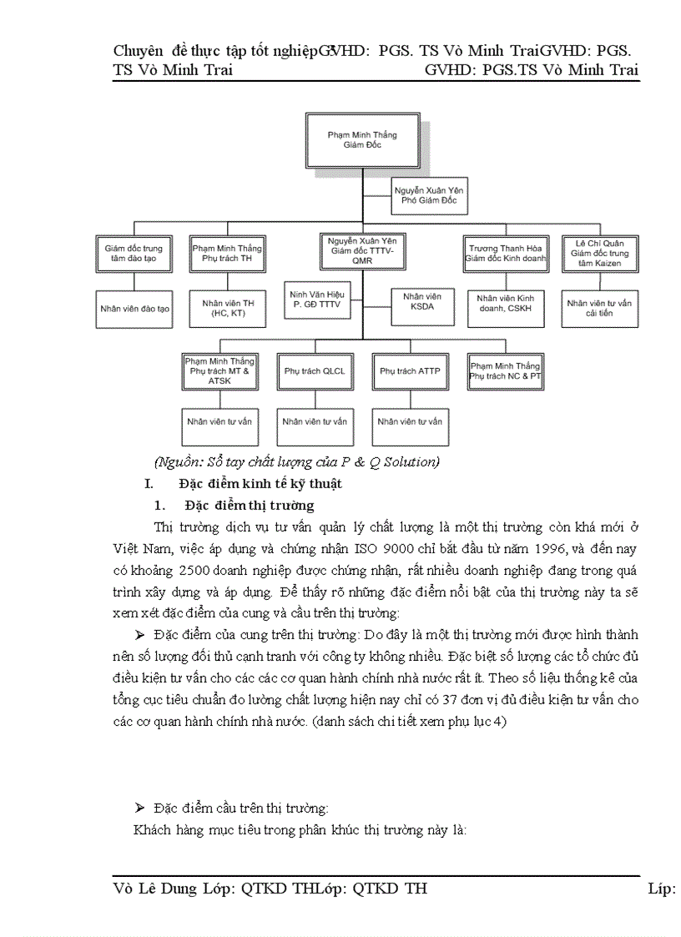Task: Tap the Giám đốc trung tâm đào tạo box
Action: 134,254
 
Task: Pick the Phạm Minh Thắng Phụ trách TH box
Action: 227,254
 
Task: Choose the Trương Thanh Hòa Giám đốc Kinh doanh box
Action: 505,254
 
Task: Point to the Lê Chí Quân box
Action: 599,254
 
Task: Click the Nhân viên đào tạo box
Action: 134,308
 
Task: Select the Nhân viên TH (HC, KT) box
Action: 227,308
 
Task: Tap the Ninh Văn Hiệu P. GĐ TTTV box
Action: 316,300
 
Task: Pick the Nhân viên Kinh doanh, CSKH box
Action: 505,308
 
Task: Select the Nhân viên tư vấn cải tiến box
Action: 599,308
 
